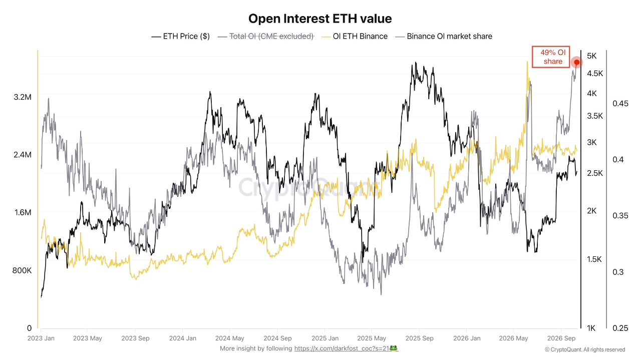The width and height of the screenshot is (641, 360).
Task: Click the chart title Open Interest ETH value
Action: click(320, 19)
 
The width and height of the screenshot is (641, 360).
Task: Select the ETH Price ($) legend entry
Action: click(181, 37)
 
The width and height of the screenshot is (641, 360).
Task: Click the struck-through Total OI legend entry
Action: click(266, 37)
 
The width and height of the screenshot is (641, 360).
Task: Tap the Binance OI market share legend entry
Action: click(444, 37)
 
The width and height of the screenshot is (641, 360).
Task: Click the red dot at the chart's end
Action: click(576, 62)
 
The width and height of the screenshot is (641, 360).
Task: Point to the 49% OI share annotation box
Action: click(551, 57)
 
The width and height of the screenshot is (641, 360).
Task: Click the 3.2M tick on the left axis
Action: click(23, 97)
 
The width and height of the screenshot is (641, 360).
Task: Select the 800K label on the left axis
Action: click(22, 270)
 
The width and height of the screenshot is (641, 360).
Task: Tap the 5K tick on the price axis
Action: click(592, 56)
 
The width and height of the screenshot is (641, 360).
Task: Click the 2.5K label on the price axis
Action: click(595, 173)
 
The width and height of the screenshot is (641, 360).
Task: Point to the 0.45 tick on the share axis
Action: click(620, 103)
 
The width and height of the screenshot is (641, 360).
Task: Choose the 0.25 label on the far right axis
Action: click(620, 328)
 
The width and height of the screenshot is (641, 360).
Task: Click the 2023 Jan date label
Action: click(41, 338)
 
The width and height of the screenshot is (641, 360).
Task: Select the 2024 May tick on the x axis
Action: click(229, 338)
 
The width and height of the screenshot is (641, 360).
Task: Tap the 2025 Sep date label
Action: click(419, 338)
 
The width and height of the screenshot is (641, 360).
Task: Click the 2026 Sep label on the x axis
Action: click(561, 338)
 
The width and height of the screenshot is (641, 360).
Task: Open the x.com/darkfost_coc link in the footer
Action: click(342, 348)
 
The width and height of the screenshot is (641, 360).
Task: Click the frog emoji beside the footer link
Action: click(394, 348)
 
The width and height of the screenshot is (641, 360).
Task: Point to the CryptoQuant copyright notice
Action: click(585, 349)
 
